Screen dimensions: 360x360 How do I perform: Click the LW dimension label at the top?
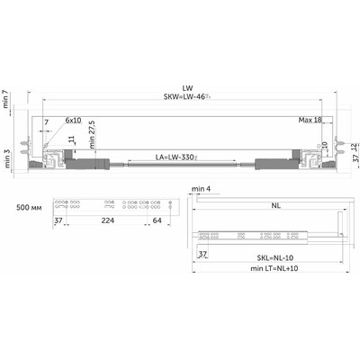(187, 88)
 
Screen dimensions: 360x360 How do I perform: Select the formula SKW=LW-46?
(187, 98)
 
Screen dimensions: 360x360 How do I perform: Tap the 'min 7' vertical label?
(7, 98)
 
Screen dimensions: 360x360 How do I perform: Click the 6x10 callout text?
(72, 120)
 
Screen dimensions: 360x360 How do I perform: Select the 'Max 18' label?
(311, 120)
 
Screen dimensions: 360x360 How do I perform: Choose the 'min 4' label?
(201, 191)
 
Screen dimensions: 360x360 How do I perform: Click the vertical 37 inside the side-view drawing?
(203, 255)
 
